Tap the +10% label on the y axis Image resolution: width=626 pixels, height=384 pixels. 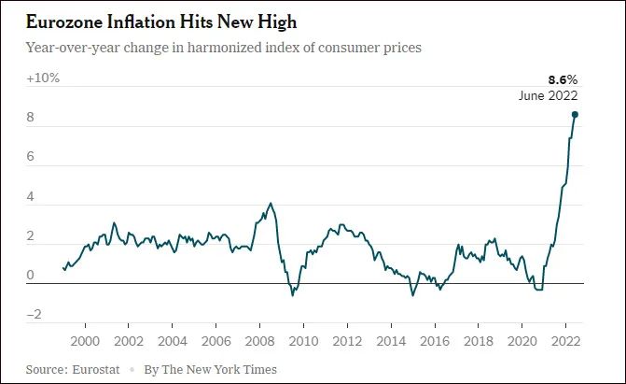point(43,78)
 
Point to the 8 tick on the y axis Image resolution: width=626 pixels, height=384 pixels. point(31,119)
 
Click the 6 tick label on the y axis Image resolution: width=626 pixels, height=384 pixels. point(31,158)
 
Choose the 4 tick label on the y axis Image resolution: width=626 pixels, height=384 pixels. point(31,198)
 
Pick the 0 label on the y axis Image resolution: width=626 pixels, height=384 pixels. point(31,276)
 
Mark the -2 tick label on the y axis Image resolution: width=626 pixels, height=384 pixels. point(34,315)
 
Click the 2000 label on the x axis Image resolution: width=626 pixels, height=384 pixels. point(85,340)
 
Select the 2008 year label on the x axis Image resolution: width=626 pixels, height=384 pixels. point(259,340)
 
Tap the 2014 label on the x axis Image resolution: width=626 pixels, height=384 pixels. point(391,340)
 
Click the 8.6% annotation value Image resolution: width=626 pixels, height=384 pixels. point(563,80)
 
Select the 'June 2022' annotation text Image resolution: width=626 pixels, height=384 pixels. point(549,95)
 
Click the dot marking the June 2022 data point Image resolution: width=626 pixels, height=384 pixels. point(575,115)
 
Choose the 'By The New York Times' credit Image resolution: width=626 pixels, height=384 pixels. point(210,369)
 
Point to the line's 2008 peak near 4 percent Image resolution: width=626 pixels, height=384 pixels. point(271,203)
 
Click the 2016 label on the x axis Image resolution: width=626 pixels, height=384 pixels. point(435,340)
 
